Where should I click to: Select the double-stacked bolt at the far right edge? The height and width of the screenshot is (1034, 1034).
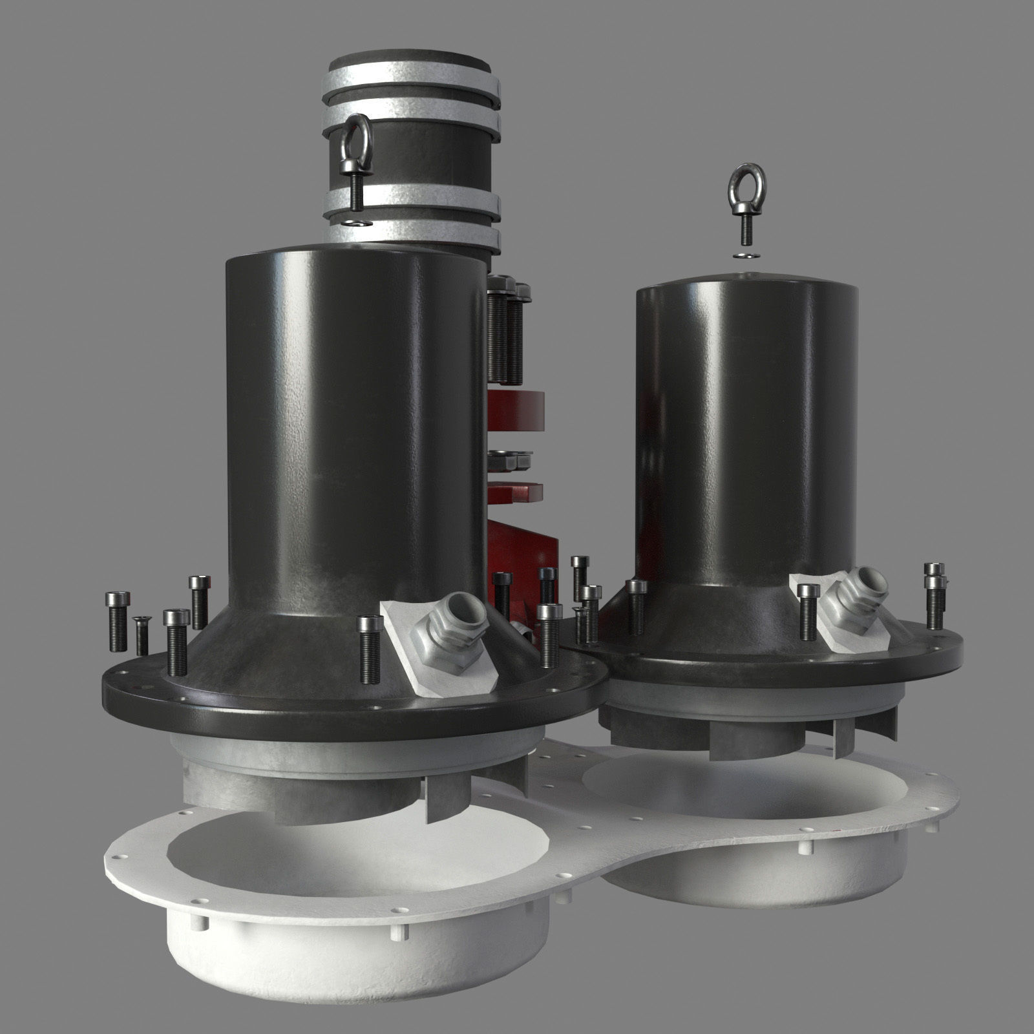(934, 595)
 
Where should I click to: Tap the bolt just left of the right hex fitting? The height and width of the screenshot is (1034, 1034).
(808, 611)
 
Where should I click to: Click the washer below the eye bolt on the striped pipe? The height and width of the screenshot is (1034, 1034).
(356, 222)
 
